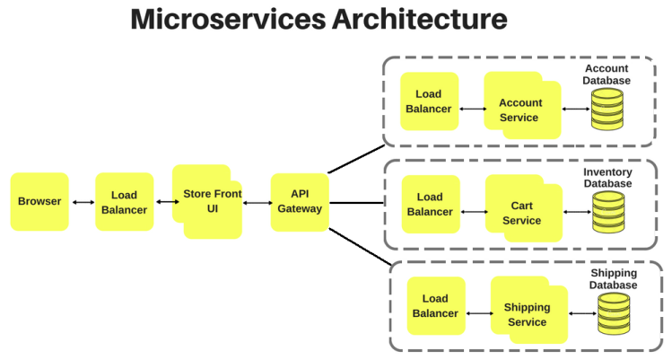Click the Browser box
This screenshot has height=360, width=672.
tap(39, 201)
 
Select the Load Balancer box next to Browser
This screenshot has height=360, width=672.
tap(124, 202)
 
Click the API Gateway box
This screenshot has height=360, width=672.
tap(300, 201)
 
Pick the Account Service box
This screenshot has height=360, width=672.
tap(519, 110)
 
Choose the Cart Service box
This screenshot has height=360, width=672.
tap(520, 213)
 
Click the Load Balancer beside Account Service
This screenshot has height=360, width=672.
tap(429, 101)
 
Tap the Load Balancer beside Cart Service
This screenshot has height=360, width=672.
tap(430, 204)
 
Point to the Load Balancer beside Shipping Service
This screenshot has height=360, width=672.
tap(435, 306)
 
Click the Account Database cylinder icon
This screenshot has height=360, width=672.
tap(607, 111)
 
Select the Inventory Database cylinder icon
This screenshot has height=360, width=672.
tap(607, 214)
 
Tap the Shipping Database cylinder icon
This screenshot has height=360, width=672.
tap(614, 315)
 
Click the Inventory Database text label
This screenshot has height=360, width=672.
tap(607, 177)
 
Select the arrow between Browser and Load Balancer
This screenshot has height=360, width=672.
tap(83, 202)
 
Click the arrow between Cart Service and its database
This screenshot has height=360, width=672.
tap(574, 214)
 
